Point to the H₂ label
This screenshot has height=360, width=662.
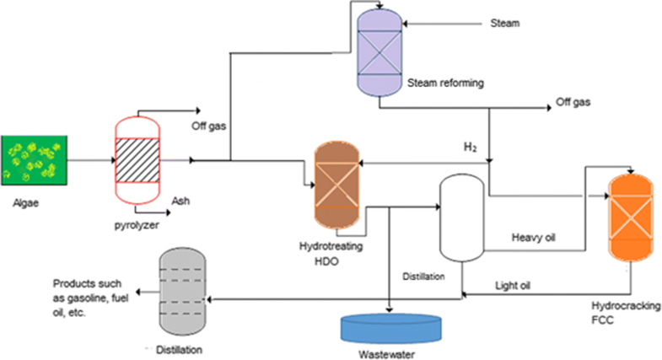pos(470,148)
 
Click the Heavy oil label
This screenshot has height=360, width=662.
pos(534,237)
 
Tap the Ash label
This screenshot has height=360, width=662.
pos(180,201)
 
